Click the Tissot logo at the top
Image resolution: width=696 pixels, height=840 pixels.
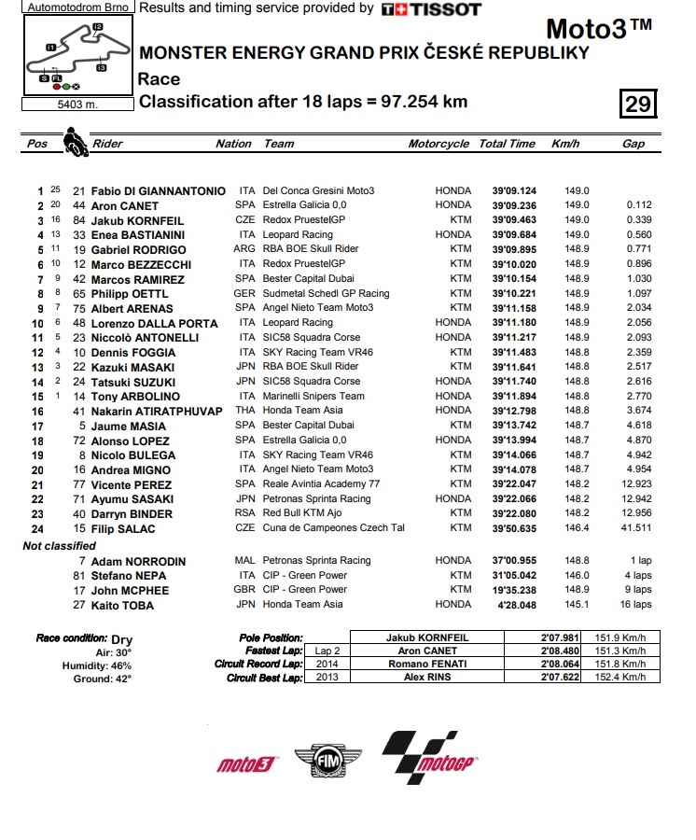[x=431, y=9]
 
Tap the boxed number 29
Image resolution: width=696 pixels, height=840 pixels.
[x=638, y=103]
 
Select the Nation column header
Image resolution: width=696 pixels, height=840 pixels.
[x=233, y=144]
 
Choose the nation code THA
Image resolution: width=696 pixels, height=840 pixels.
[x=246, y=411]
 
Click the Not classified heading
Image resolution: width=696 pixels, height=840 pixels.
[x=59, y=545]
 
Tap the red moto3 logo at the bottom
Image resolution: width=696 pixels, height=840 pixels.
[x=247, y=764]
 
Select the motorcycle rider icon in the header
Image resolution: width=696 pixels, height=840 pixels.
[x=75, y=143]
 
